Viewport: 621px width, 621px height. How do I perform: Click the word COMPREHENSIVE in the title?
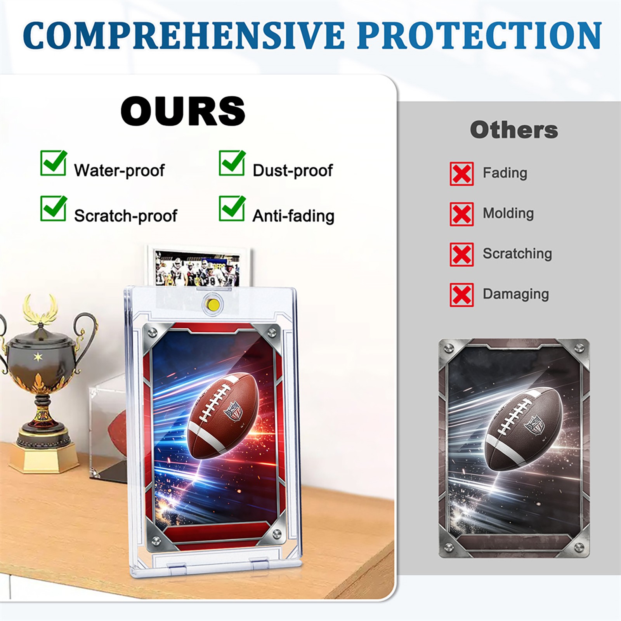click(x=184, y=35)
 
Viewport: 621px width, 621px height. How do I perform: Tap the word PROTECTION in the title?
click(x=480, y=35)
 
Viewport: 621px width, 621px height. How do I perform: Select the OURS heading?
click(x=183, y=111)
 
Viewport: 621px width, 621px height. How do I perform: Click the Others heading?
click(x=514, y=130)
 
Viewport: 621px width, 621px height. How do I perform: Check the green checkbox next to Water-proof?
click(x=54, y=163)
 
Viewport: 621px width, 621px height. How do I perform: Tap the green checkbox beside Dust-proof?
click(x=232, y=163)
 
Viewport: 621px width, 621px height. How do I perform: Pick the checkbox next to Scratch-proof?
click(x=54, y=208)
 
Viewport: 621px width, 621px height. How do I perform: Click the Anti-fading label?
click(x=293, y=216)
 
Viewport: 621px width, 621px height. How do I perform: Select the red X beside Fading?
click(x=461, y=174)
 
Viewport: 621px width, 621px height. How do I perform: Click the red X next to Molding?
click(x=461, y=214)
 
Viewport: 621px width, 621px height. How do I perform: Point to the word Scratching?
click(x=517, y=254)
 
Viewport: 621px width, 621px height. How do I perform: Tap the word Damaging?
click(x=516, y=294)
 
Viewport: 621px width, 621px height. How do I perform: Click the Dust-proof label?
click(x=293, y=170)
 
